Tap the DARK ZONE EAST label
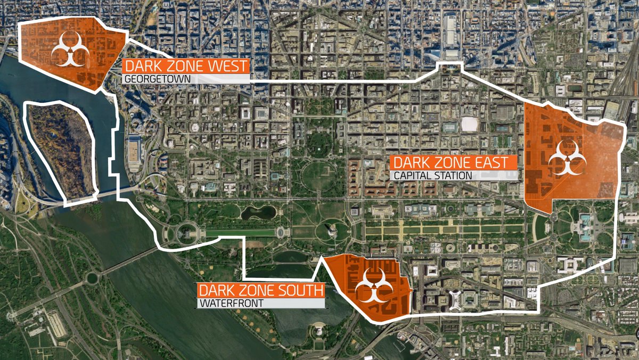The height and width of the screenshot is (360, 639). (x=454, y=162)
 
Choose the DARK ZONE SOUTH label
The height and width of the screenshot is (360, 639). (x=261, y=291)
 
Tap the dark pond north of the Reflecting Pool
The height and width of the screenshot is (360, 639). (x=258, y=212)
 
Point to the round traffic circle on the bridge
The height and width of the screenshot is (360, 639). (x=92, y=277)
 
